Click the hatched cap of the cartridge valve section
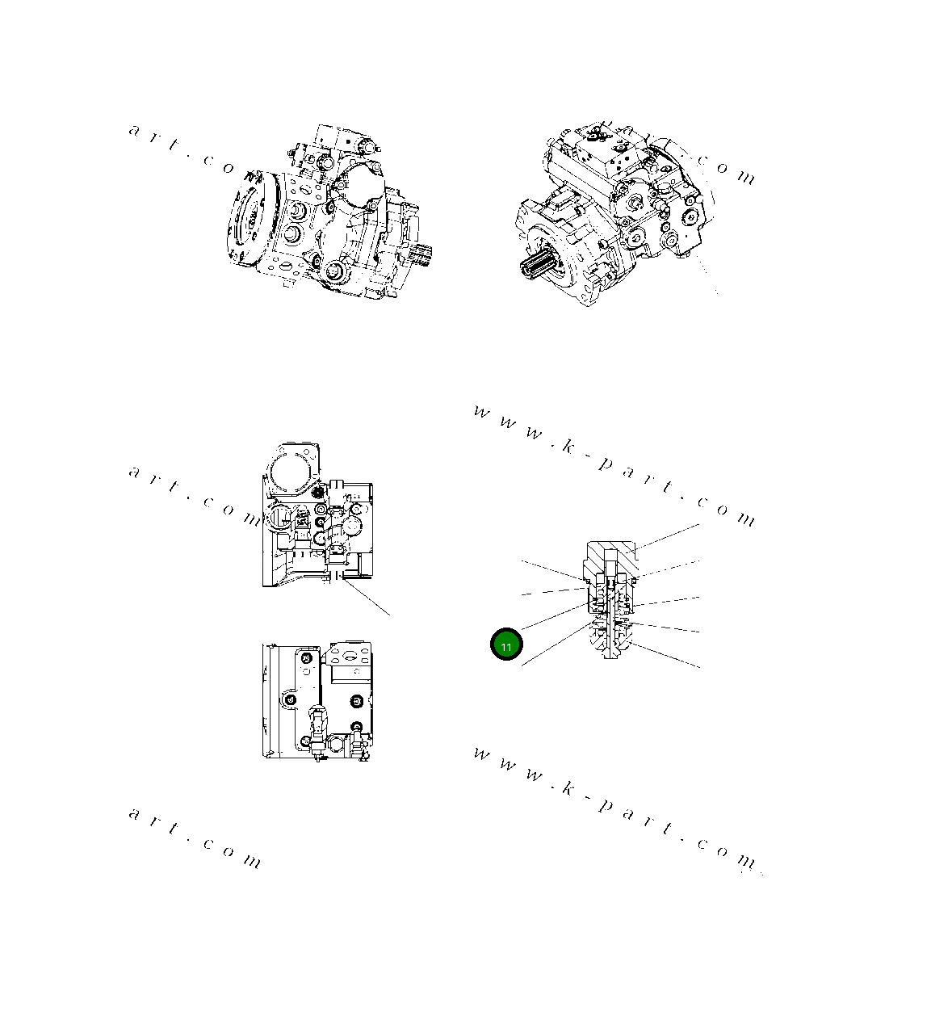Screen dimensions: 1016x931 coord(611,555)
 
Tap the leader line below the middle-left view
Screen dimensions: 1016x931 coord(367,598)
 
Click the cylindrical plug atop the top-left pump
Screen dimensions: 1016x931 coord(361,145)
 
